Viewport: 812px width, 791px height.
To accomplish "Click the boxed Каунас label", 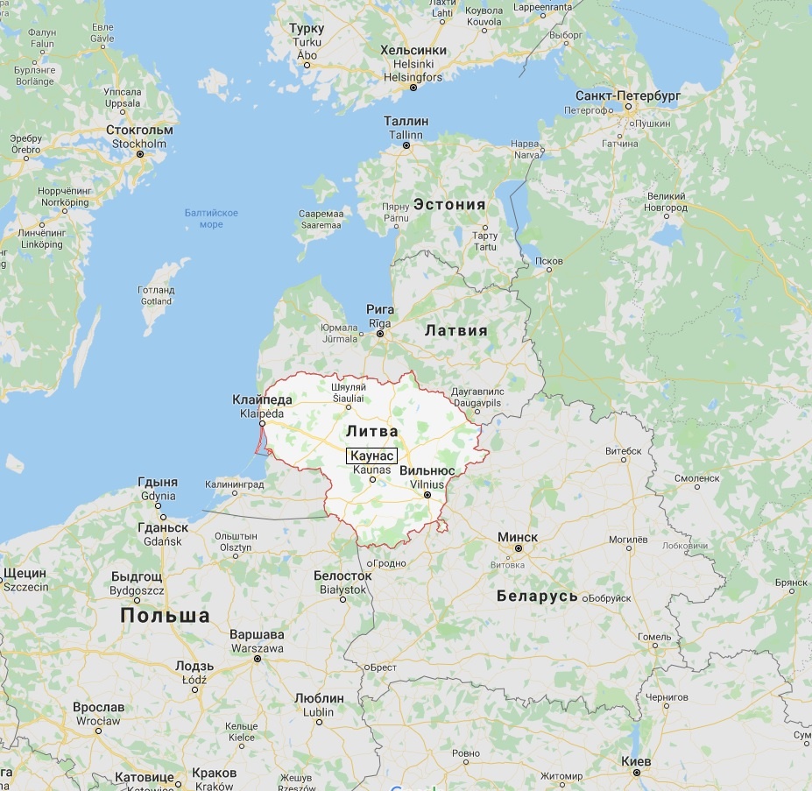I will tap(372, 456).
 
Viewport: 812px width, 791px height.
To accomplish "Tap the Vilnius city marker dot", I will tap(427, 495).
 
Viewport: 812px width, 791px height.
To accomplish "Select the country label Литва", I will tap(371, 431).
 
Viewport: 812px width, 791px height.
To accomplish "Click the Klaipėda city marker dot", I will tap(262, 422).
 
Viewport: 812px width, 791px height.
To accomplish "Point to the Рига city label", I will tap(380, 310).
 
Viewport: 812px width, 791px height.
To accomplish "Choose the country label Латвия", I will tap(455, 330).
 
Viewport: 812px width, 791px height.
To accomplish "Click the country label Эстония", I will tap(449, 204).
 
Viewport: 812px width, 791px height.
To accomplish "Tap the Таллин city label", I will tap(406, 122).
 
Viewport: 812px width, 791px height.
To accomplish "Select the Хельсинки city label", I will tap(413, 51).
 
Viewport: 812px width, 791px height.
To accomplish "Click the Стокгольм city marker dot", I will tap(140, 154).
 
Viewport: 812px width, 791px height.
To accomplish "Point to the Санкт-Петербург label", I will tap(627, 95).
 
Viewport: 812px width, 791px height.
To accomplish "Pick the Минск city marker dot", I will tap(519, 548).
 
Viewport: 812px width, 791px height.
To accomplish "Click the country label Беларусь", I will tap(537, 596).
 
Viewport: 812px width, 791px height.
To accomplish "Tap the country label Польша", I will tap(165, 615).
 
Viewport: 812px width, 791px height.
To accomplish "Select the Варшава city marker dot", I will tap(258, 658).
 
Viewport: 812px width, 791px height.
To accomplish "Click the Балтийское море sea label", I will tap(211, 218).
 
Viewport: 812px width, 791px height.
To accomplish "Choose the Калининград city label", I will tap(234, 484).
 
